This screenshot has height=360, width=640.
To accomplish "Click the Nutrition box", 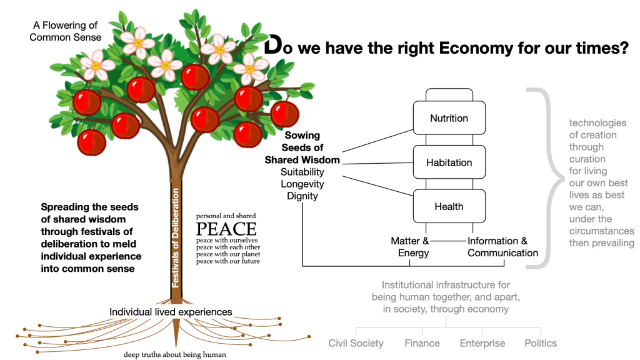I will pyautogui.click(x=449, y=118).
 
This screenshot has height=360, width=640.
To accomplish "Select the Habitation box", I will pyautogui.click(x=449, y=162).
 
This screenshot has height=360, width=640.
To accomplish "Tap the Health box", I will pyautogui.click(x=449, y=207).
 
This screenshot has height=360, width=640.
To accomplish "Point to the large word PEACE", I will pyautogui.click(x=226, y=228).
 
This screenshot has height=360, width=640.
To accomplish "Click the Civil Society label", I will pyautogui.click(x=356, y=343).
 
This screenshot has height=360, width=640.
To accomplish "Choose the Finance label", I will pyautogui.click(x=422, y=343).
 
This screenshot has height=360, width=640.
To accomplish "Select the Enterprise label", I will pyautogui.click(x=482, y=343).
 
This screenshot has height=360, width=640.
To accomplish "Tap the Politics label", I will pyautogui.click(x=541, y=343).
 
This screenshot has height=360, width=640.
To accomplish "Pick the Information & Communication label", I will pyautogui.click(x=502, y=247).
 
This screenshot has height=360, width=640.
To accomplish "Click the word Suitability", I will pyautogui.click(x=302, y=172).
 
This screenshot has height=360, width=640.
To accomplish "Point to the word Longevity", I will pyautogui.click(x=302, y=184).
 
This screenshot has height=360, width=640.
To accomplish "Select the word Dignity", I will pyautogui.click(x=302, y=196).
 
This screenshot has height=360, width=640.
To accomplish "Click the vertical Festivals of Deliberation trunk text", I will pyautogui.click(x=176, y=237).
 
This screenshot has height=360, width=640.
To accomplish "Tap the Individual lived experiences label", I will pyautogui.click(x=171, y=312).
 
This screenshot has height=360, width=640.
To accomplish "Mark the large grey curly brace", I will pyautogui.click(x=542, y=178).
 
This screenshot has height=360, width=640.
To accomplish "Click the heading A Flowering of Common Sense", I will pyautogui.click(x=68, y=31).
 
